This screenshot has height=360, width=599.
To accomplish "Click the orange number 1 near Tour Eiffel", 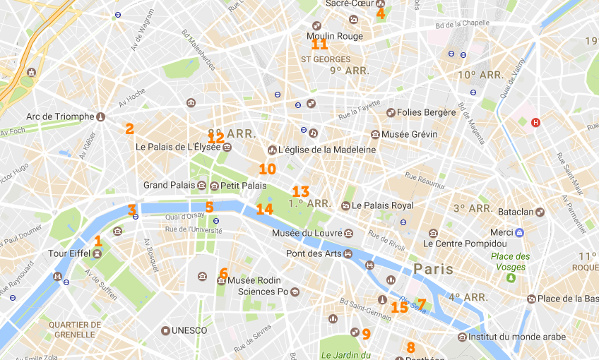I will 98,241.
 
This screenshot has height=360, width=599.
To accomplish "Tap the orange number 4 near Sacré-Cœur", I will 381,13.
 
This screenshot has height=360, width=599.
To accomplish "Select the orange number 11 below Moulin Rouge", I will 320,44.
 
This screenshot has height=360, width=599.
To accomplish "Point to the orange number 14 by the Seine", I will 264,209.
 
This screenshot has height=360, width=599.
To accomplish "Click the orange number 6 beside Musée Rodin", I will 223,273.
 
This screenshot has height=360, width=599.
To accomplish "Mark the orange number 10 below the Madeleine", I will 267,169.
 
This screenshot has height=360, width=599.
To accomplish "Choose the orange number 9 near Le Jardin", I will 366,333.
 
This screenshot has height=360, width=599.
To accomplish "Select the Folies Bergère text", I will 425,112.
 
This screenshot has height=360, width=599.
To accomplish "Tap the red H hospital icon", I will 535,122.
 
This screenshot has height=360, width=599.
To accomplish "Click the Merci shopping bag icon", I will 520,232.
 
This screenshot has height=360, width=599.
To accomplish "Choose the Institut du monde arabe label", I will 517,337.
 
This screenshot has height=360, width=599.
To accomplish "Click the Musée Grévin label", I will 409,134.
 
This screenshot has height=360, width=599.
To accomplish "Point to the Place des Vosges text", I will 509,261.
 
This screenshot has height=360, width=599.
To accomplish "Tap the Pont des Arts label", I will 309,253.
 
